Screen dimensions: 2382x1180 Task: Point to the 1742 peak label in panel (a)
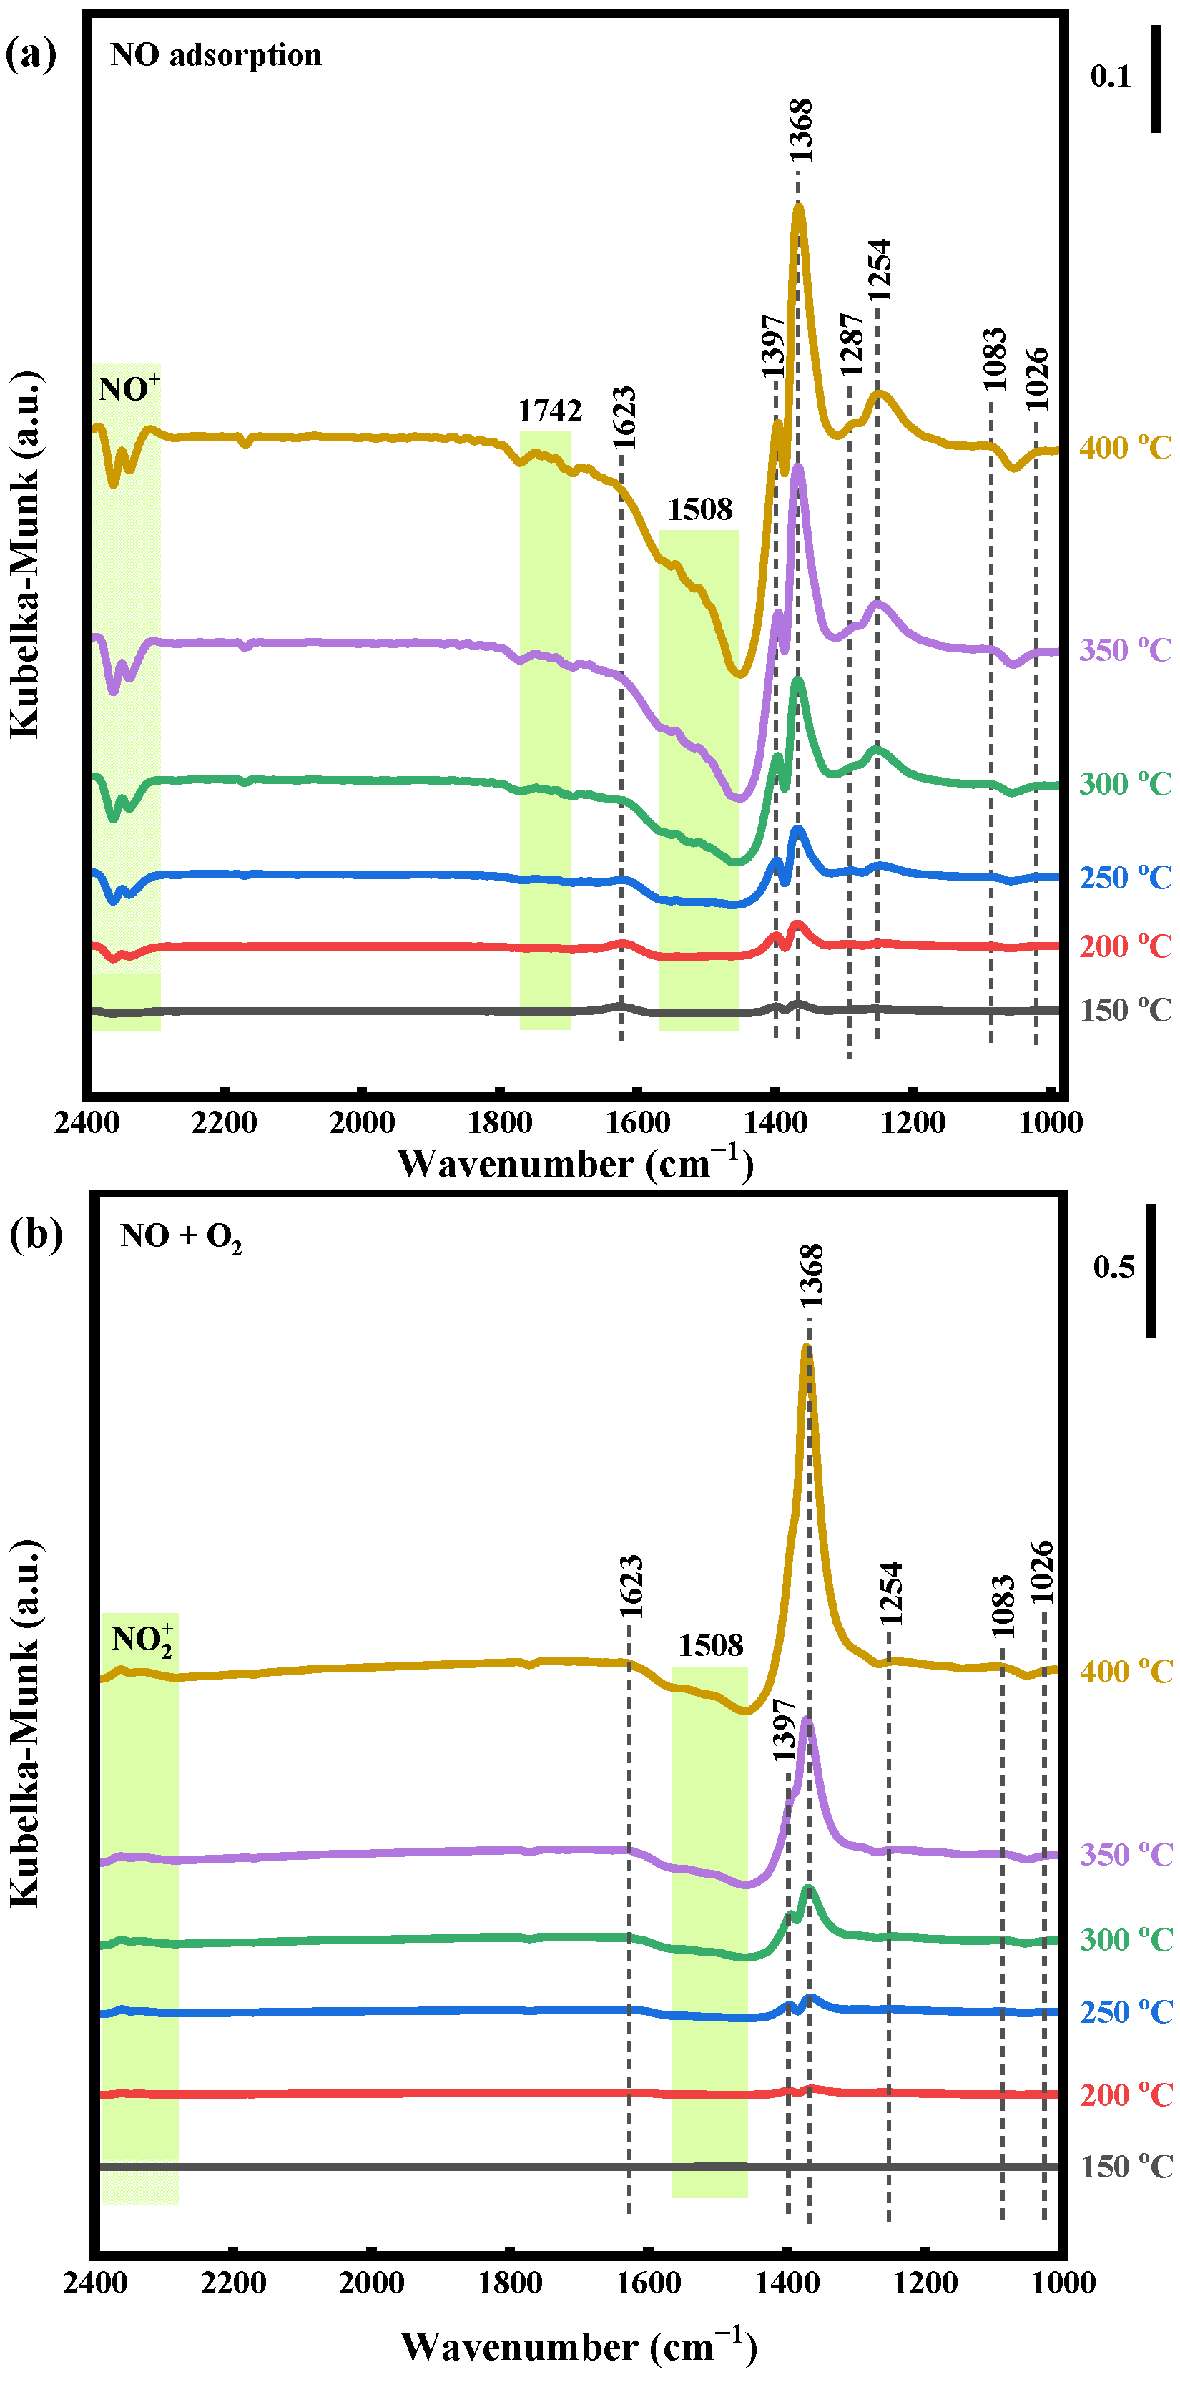coord(549,411)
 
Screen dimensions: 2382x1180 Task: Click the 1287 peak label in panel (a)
coord(851,344)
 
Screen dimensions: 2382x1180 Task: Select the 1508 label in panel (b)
coord(710,1645)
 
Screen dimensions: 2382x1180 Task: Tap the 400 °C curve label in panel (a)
coord(1124,449)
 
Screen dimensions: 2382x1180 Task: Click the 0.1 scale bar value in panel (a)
coord(1110,77)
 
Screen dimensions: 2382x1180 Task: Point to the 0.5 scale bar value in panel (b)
coord(1113,1267)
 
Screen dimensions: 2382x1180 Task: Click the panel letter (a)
coord(31,54)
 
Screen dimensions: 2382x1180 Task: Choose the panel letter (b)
coord(35,1235)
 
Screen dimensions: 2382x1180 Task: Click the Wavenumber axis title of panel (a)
coord(575,1163)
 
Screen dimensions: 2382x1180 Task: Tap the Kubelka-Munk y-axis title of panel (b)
coord(25,1722)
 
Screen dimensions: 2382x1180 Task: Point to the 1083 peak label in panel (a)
coord(993,359)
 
